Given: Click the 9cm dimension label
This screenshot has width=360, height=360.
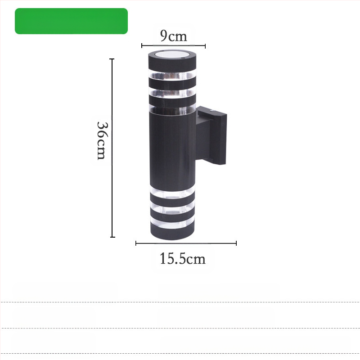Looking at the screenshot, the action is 174,36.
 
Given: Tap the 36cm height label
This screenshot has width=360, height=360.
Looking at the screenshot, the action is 102,140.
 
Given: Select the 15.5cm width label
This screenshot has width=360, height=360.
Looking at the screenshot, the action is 183,258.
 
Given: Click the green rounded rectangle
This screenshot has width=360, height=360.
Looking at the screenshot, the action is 71,21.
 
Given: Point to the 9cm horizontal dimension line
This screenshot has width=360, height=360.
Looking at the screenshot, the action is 173,46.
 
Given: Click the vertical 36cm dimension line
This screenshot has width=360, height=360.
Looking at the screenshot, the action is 112,148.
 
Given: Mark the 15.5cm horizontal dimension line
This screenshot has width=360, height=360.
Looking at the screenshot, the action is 186,243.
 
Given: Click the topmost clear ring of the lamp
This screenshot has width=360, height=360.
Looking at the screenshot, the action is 172,76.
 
